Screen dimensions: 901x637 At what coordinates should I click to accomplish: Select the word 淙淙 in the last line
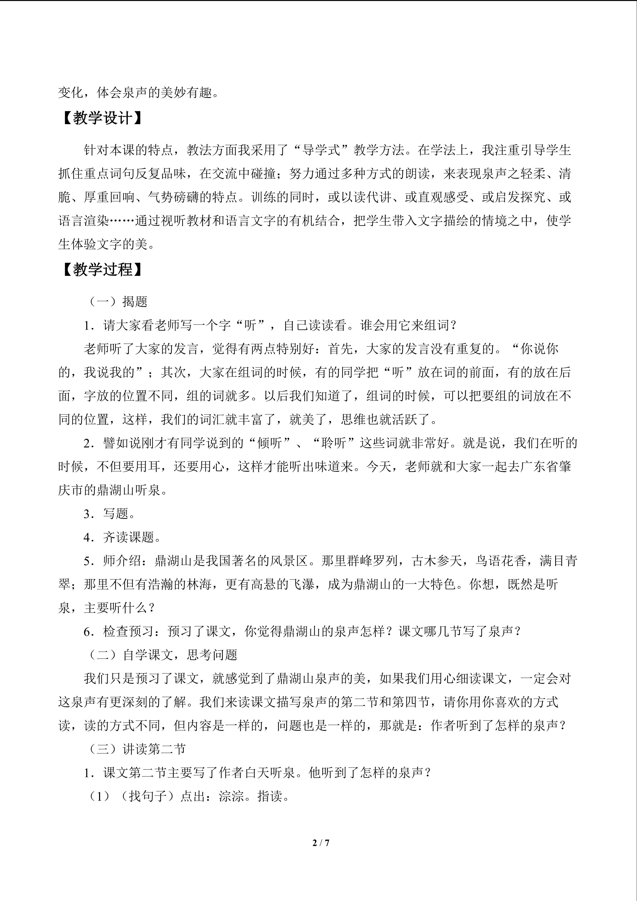231,796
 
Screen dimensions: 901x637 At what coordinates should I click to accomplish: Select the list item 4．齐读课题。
122,537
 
